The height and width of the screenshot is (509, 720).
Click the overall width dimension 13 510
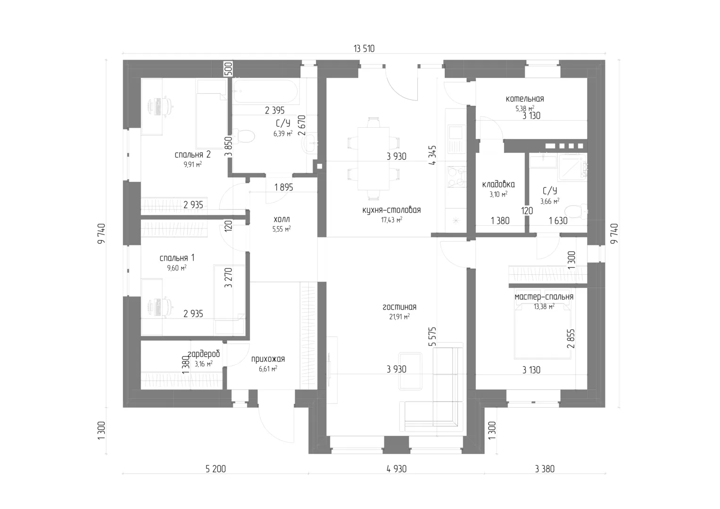[364, 49]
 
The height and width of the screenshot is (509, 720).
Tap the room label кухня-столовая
[391, 210]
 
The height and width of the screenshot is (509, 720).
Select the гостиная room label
[399, 307]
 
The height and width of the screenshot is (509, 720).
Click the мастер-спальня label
[544, 296]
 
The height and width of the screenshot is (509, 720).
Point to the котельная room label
[525, 99]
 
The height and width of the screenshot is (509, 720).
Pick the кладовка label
[498, 184]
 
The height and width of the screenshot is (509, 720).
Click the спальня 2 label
[192, 155]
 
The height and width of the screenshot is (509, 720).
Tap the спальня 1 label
[177, 258]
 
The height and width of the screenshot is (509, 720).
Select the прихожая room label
[268, 359]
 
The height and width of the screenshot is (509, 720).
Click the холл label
[281, 220]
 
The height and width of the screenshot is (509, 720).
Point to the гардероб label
[204, 354]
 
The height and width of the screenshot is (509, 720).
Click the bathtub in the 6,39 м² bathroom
[265, 91]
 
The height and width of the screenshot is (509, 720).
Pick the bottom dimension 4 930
[397, 469]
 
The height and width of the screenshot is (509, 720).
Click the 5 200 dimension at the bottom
[215, 469]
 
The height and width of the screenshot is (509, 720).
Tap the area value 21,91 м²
[399, 317]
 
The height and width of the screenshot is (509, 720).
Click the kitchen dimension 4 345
[433, 155]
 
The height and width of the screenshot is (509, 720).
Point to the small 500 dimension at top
[228, 69]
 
